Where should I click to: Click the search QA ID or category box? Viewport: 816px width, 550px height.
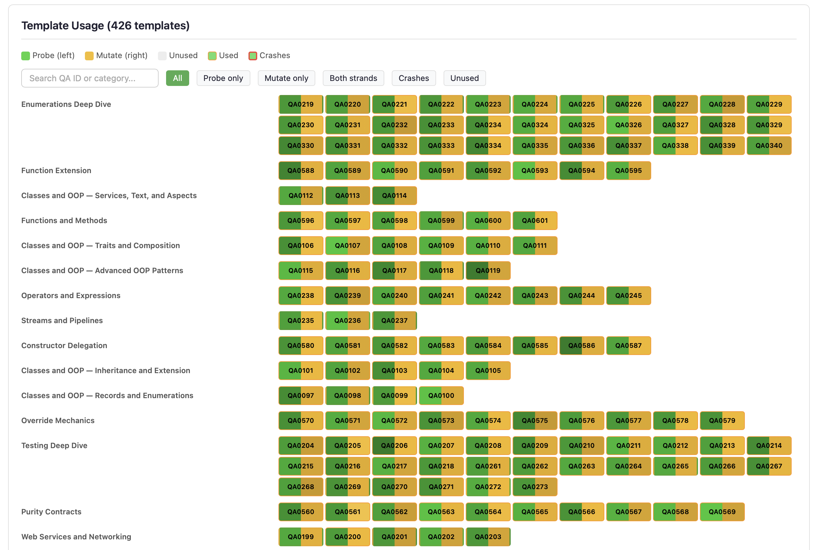(90, 78)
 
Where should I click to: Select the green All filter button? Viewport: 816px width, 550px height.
(177, 78)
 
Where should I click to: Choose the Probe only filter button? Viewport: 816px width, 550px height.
(223, 78)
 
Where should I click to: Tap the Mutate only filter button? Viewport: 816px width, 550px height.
(286, 78)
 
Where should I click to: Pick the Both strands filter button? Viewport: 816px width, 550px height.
(353, 78)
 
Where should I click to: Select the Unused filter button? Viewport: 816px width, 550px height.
(464, 78)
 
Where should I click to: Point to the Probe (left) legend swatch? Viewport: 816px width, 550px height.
(26, 56)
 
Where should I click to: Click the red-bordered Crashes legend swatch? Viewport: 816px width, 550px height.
(253, 56)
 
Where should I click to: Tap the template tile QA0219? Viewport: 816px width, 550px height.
(301, 104)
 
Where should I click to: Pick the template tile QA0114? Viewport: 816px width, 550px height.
(394, 196)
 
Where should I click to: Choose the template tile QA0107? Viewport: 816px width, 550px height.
(347, 246)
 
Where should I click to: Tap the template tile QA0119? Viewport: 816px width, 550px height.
(488, 270)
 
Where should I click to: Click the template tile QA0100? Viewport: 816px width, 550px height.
(441, 396)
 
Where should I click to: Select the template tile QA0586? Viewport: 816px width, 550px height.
(581, 346)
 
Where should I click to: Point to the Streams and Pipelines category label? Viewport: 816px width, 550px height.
(62, 321)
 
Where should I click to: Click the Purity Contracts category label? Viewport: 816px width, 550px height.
(51, 512)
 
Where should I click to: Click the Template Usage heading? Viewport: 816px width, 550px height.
(106, 26)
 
